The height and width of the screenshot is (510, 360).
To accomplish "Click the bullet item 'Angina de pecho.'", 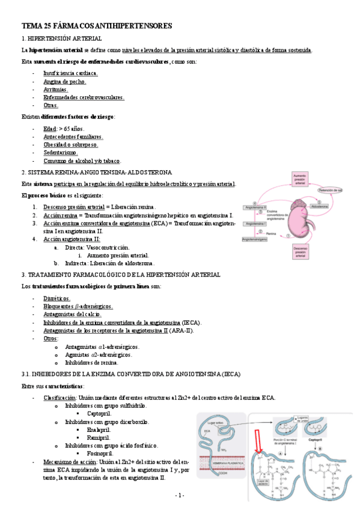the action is [64, 81].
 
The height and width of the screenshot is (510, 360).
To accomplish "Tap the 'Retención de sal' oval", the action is [330, 191].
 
